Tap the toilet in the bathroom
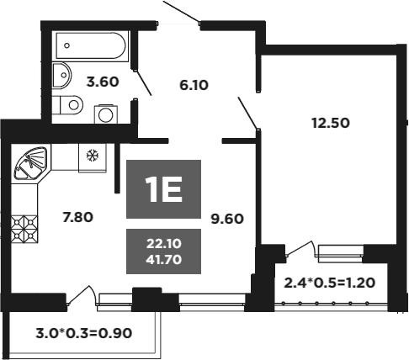point(67,105)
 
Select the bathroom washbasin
point(61,75)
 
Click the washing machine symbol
point(106,114)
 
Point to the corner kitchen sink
point(31,163)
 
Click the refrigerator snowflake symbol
point(93,155)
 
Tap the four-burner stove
point(24,229)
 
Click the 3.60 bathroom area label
point(103,82)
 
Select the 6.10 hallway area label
point(194,85)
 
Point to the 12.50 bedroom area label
point(331,123)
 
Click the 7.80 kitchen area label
point(77,217)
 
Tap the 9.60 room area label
point(227,219)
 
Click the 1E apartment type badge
point(163,189)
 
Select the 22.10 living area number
point(164,244)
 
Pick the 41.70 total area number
point(164,260)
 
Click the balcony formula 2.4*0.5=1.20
point(330,283)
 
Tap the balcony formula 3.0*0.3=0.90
point(84,334)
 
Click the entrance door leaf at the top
point(181,12)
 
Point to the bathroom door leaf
point(143,82)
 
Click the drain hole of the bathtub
point(66,45)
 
